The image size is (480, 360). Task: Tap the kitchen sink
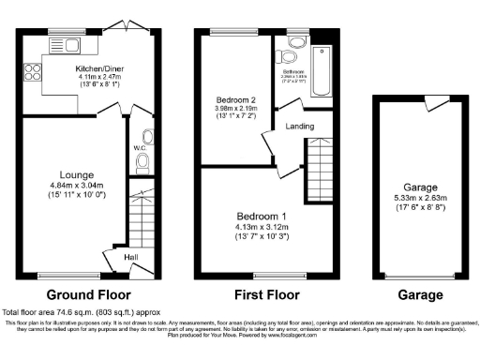tap(67, 44)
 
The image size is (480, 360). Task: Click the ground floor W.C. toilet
tap(142, 163)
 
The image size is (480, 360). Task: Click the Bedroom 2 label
tap(232, 100)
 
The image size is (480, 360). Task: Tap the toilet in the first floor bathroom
tap(296, 42)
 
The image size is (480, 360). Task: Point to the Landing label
tap(301, 127)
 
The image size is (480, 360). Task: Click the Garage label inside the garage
tap(421, 187)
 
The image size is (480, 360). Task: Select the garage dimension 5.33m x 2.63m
tap(421, 197)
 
